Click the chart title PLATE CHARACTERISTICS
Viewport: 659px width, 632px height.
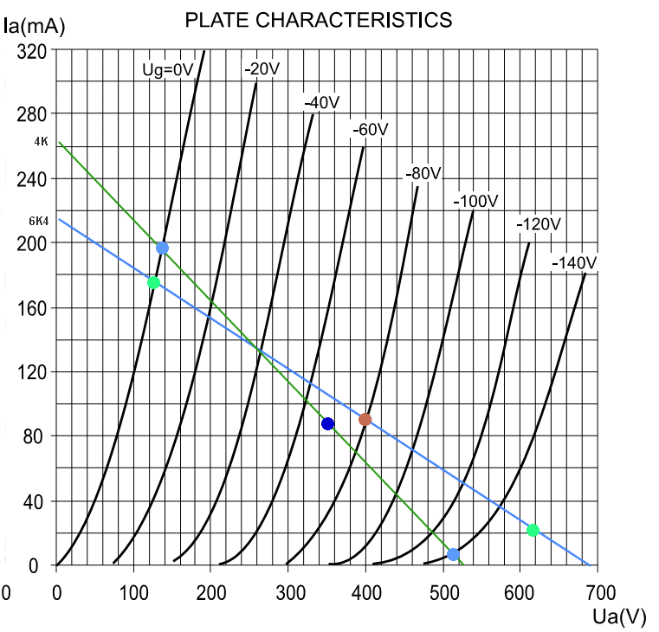[319, 20]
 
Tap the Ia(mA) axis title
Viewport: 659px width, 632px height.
[34, 25]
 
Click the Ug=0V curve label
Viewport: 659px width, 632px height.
[167, 69]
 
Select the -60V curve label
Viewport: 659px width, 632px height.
[370, 130]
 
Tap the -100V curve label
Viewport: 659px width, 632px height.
[476, 202]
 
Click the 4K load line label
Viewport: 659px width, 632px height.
[41, 141]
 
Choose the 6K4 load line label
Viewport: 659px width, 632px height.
[39, 221]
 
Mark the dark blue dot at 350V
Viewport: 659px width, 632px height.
[327, 423]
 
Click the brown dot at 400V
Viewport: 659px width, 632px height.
[365, 420]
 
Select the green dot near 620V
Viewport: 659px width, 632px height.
[533, 530]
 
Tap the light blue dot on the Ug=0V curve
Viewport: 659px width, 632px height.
[162, 248]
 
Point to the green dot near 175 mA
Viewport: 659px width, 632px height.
[153, 283]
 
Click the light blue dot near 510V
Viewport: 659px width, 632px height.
[453, 554]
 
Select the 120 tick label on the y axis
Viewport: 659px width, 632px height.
[32, 372]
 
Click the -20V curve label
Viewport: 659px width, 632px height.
[262, 69]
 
